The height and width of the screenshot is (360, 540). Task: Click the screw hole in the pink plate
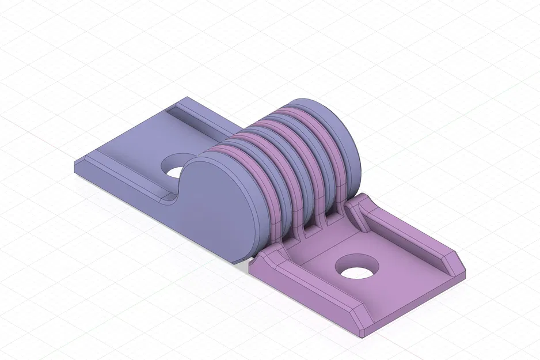click(358, 267)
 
